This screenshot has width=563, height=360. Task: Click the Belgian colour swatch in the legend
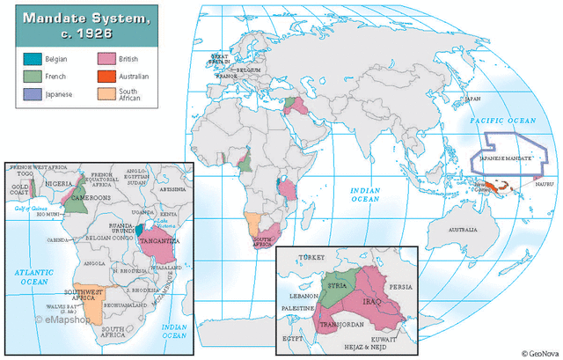(x=33, y=60)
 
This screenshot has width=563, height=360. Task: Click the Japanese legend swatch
(x=33, y=93)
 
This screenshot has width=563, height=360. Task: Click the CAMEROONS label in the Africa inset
(x=88, y=199)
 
